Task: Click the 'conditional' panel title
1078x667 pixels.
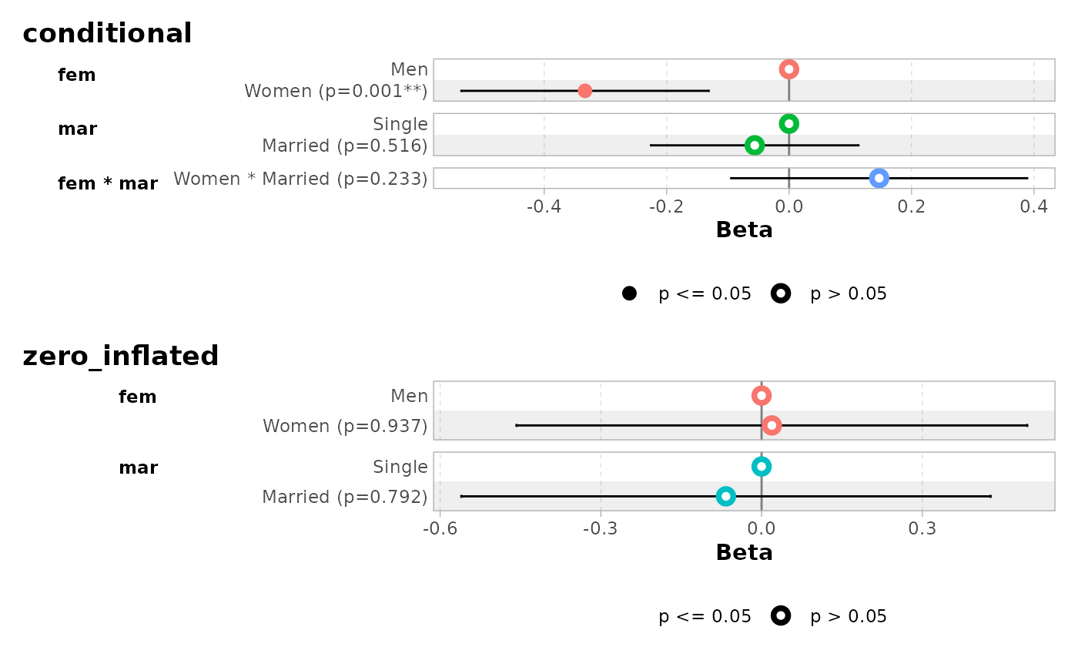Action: click(x=107, y=34)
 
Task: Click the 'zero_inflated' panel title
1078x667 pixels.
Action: click(x=121, y=357)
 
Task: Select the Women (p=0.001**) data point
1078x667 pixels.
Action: click(x=584, y=91)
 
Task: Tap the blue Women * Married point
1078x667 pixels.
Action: click(x=879, y=178)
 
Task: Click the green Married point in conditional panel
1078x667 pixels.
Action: click(x=755, y=145)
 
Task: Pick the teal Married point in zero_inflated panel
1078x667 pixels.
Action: click(x=725, y=496)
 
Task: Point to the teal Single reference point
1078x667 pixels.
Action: click(x=762, y=466)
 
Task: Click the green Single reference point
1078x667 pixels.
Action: click(x=788, y=123)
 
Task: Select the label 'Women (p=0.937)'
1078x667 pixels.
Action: click(x=345, y=426)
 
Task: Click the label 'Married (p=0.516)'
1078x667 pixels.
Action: click(x=345, y=146)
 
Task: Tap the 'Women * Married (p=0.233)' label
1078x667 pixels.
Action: click(x=300, y=179)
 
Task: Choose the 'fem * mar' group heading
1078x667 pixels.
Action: click(x=108, y=184)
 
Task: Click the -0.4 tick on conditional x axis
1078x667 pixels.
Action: click(x=544, y=207)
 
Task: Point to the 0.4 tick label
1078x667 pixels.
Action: click(x=1033, y=207)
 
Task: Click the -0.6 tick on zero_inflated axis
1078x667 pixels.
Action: click(x=439, y=529)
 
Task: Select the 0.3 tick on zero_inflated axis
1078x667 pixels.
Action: click(x=922, y=529)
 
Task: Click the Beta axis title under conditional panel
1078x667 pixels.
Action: click(x=744, y=230)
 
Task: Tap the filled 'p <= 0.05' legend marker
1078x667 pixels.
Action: click(x=629, y=293)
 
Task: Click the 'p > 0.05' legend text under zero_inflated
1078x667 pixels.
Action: click(x=849, y=616)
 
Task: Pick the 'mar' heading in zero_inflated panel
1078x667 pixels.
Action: click(x=138, y=468)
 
